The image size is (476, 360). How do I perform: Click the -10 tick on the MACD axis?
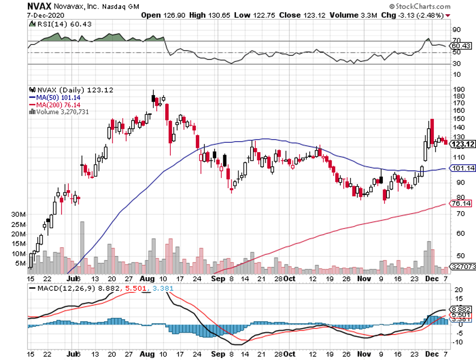coord(458,342)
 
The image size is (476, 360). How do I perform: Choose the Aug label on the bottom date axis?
coord(146,280)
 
